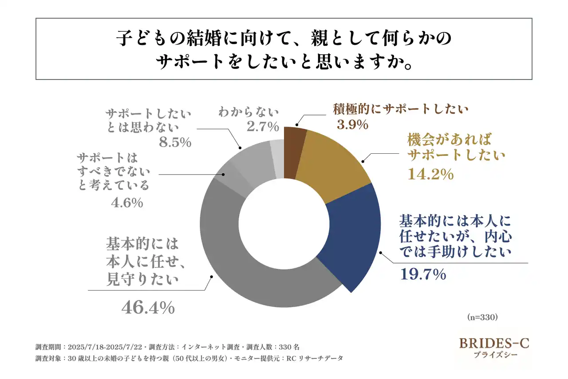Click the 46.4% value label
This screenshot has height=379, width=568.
click(x=148, y=307)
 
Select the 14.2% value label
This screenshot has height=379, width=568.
click(x=430, y=174)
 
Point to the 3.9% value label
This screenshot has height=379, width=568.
click(x=352, y=125)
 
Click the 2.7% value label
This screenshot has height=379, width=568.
click(x=261, y=127)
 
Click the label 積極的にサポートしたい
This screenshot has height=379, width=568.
click(x=401, y=109)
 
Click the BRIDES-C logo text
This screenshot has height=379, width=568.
click(x=494, y=343)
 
